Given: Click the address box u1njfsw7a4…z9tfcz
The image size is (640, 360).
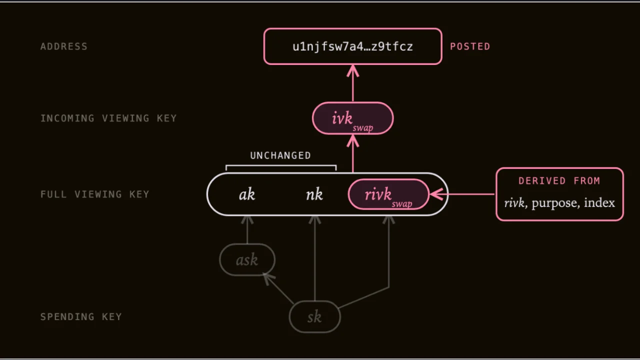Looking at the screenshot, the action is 353,46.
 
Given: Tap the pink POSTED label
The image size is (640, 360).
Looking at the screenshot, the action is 470,46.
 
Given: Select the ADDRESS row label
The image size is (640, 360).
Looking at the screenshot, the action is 64,46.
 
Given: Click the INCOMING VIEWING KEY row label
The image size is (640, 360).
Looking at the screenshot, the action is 108,118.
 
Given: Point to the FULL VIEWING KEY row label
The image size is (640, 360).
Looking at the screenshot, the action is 95,194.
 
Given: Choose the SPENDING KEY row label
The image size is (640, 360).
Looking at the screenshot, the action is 81,316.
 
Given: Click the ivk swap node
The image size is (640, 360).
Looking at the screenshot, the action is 353,118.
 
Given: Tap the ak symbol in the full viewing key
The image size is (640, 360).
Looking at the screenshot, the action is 247,194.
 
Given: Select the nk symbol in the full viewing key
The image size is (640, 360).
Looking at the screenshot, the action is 314,194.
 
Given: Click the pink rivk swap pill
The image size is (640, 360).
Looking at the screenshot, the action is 388,194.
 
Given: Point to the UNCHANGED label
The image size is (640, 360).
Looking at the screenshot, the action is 280,155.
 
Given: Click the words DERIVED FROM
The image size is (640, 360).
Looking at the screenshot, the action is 559,181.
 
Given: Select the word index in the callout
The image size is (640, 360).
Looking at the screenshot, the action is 599,202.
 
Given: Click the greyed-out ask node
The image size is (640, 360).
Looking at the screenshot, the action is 247,259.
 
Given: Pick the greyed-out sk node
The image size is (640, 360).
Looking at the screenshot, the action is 314,316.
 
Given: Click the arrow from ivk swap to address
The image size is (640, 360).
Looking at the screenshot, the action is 353,83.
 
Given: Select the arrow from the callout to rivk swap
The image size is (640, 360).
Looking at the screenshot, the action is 462,194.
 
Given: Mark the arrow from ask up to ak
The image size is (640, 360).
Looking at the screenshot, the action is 247,229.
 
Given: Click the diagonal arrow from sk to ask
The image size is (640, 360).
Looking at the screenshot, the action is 278,288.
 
